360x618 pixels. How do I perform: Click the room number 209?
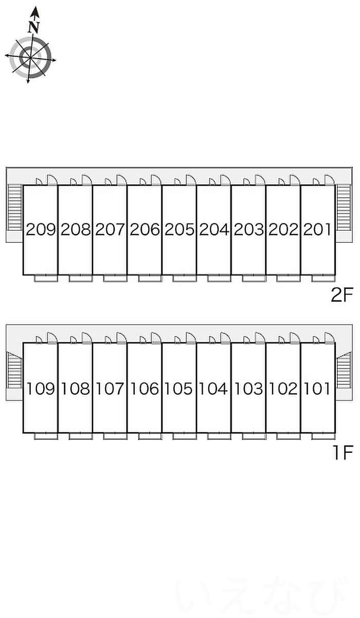(41, 229)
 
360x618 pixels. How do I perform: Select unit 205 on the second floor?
(179, 229)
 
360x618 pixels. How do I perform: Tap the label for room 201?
(317, 229)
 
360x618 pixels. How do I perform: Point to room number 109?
(41, 389)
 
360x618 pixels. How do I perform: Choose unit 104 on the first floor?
(213, 389)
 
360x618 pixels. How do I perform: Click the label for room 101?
(317, 389)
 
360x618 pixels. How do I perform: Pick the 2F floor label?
(342, 295)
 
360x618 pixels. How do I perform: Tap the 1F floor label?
(343, 453)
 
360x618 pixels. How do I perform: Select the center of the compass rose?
(30, 58)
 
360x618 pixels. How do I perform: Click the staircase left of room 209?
(14, 207)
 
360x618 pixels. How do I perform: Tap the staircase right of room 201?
(344, 207)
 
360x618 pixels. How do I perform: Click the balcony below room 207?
(115, 278)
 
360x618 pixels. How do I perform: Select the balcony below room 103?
(254, 436)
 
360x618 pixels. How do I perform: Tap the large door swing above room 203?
(260, 180)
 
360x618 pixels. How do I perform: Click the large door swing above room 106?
(156, 338)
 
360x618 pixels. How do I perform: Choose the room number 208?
(76, 229)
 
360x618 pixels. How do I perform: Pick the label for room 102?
(283, 389)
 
